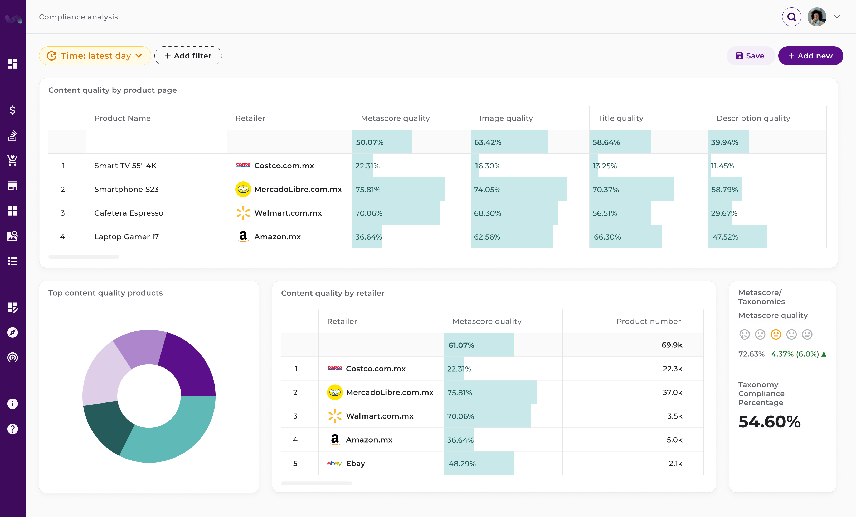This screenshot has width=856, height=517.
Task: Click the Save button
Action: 750,56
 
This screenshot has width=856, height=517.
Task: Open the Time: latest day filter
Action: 95,56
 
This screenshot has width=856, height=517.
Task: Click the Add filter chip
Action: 188,56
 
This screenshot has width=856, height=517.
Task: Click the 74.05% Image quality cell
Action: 487,190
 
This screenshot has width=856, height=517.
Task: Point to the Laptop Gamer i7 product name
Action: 127,237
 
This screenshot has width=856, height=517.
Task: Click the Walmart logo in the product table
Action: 243,213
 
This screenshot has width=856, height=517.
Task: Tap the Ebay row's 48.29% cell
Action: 462,464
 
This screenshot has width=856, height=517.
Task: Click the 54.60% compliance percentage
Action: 769,422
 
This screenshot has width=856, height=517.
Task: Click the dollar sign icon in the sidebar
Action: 12,110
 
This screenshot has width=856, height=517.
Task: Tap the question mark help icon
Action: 12,429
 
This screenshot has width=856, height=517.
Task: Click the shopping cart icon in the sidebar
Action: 12,160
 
